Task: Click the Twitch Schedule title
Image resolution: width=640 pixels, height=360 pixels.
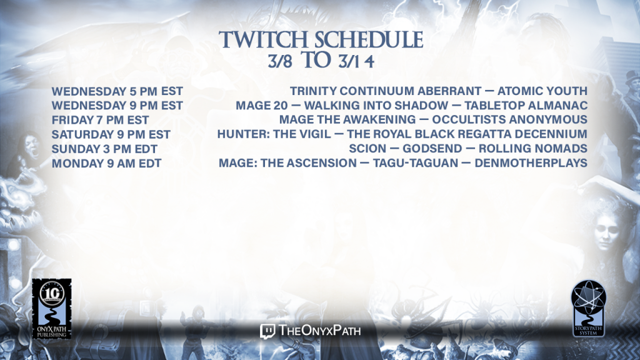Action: click(321, 40)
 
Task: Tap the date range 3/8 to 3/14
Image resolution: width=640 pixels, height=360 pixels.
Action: click(321, 61)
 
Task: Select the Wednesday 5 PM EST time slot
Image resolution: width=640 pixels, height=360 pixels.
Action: click(117, 91)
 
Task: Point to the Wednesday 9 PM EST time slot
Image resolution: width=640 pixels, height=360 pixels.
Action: click(117, 106)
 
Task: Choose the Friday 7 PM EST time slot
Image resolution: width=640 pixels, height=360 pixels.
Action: click(100, 120)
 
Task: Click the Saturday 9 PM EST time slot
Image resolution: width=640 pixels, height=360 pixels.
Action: click(111, 135)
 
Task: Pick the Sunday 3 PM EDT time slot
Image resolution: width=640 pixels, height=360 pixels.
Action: click(104, 149)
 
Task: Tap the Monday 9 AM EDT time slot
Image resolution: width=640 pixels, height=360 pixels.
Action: click(106, 163)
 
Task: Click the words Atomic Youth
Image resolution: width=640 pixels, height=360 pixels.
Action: click(542, 91)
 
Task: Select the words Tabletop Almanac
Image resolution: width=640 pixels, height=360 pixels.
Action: click(526, 105)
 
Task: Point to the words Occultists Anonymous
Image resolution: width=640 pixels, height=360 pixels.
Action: click(510, 119)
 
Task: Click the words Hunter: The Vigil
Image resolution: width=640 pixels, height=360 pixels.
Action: click(274, 134)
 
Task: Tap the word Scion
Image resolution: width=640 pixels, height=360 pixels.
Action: click(367, 148)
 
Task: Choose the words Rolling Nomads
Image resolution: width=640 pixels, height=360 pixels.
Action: click(533, 148)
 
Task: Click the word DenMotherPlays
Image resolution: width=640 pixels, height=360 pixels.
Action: click(531, 163)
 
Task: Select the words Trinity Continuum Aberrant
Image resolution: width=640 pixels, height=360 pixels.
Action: click(386, 91)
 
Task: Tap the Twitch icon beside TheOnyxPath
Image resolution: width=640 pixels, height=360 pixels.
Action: click(267, 331)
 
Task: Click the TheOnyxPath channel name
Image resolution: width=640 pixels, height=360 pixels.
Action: click(319, 330)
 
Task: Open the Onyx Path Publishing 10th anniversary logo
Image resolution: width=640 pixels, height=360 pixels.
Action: click(52, 309)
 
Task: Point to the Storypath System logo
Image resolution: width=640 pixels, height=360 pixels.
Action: click(588, 308)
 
